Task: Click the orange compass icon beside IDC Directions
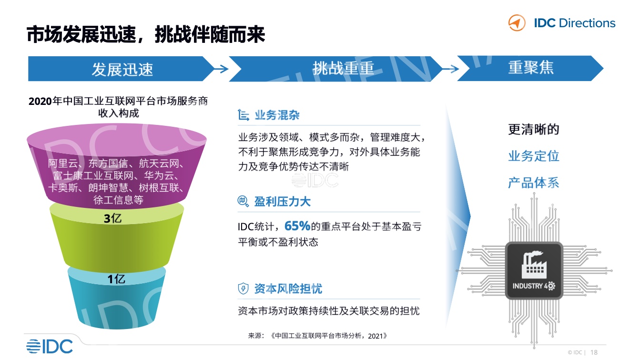(517, 23)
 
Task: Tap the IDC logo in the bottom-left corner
(50, 346)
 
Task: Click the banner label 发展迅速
(122, 69)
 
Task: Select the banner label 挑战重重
(344, 68)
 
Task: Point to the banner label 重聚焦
(531, 68)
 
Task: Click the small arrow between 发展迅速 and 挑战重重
(221, 69)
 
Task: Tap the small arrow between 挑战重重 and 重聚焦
(451, 69)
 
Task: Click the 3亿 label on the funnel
(112, 218)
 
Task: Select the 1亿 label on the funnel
(116, 279)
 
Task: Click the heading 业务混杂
(277, 115)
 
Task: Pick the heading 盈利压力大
(283, 202)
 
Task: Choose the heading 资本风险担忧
(288, 289)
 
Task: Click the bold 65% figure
(297, 226)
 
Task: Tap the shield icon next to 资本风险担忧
(244, 288)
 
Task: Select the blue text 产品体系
(534, 183)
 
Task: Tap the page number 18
(594, 352)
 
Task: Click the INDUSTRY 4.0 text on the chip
(534, 286)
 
